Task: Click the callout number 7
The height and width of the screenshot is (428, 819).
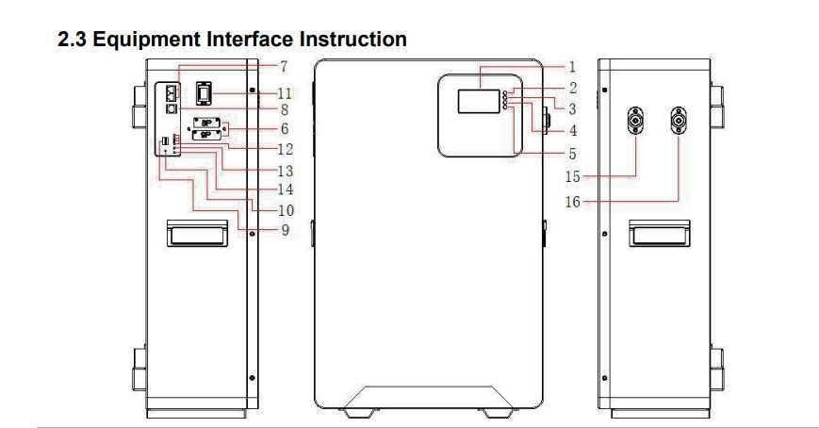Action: pos(284,67)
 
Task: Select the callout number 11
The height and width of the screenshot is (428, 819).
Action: pos(285,93)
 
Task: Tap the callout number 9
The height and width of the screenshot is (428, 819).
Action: pos(286,230)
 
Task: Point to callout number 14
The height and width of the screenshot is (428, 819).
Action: pos(286,189)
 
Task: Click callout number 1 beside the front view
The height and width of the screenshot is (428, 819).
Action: pos(572,67)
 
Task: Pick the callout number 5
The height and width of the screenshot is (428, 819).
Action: pos(572,155)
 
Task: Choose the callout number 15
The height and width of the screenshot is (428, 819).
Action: pos(573,176)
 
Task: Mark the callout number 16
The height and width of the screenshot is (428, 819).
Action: pos(573,201)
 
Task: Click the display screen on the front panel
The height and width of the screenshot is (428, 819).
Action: pos(479,101)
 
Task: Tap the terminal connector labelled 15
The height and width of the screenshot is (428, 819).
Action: pos(635,121)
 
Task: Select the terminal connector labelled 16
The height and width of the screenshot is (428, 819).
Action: pos(679,121)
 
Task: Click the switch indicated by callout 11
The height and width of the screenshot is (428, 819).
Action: pos(204,93)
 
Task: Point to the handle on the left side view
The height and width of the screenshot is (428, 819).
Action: pos(197,233)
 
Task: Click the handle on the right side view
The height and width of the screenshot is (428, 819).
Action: pos(659,233)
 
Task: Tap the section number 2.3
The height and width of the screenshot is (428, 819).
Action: pos(72,40)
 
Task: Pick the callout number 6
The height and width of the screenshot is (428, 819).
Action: pos(285,128)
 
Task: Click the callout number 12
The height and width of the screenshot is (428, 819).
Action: pos(286,150)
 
